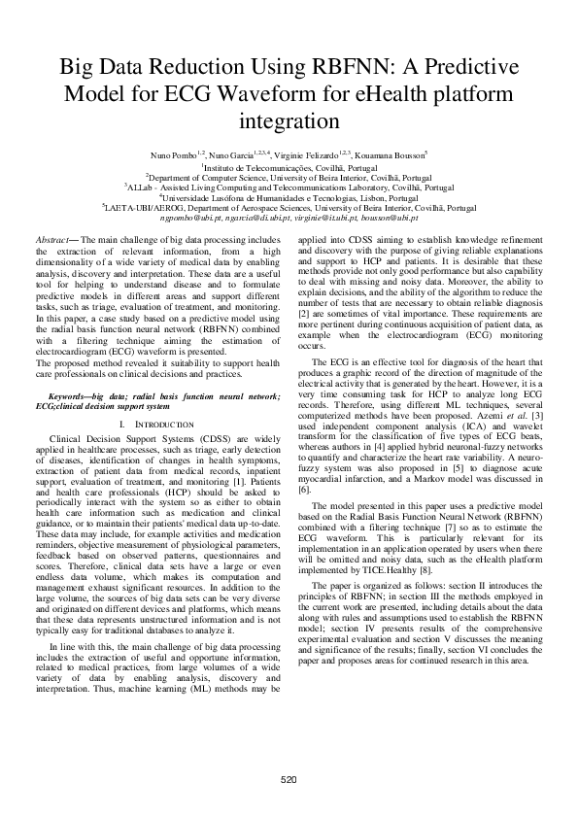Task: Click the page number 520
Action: (289, 781)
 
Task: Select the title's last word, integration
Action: (289, 123)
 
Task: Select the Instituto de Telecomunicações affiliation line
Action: (289, 167)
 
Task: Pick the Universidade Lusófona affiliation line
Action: (289, 197)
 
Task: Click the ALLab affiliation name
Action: (143, 187)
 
